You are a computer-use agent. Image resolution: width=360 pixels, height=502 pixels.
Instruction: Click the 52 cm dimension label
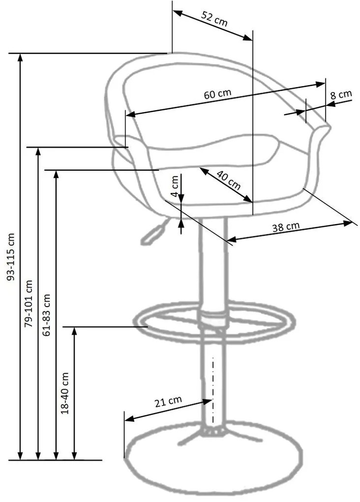[x=214, y=19]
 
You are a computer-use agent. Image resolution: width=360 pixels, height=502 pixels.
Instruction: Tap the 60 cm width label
[x=217, y=94]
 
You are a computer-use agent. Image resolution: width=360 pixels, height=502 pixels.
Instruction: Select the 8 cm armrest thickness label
[x=341, y=95]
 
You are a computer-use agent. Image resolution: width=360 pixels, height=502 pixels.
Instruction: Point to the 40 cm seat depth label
[x=228, y=180]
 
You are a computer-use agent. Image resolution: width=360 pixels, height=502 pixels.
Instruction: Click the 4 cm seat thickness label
[x=175, y=187]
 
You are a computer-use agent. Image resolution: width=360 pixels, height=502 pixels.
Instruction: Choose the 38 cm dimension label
[x=286, y=227]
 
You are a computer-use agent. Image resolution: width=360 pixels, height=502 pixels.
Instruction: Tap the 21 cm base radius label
[x=168, y=402]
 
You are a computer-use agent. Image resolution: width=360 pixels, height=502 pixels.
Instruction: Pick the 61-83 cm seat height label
[x=47, y=314]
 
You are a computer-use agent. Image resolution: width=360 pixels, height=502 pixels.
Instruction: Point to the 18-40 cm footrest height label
[x=65, y=393]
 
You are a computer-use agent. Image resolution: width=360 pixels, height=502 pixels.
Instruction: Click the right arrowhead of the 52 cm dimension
[x=247, y=37]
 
